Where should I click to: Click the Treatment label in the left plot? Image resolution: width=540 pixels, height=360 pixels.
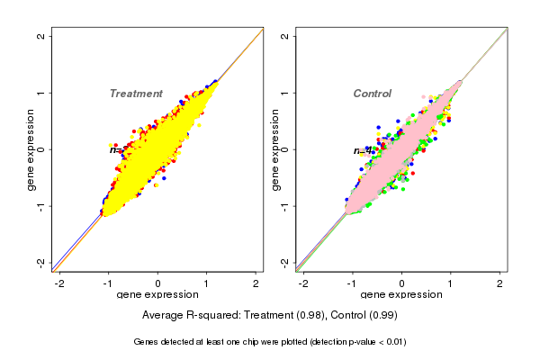(136, 94)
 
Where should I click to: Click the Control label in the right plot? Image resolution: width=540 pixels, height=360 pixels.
(372, 94)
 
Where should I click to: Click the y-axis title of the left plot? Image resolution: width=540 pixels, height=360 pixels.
(31, 149)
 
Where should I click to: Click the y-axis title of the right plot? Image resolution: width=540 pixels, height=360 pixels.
(275, 149)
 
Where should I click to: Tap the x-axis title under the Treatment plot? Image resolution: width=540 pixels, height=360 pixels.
(158, 294)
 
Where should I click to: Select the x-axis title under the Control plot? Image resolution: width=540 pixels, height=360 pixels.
(401, 294)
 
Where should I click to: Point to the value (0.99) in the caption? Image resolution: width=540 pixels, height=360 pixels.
(381, 315)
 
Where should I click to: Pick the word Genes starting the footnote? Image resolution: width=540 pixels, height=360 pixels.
(147, 342)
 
